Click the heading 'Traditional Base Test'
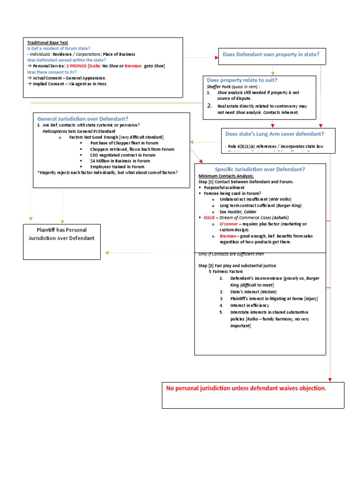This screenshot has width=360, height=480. coord(47,43)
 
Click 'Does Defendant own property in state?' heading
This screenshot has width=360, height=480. coord(271,55)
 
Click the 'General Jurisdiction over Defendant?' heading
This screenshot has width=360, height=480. coord(82,119)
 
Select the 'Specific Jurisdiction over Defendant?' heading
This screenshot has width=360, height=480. coord(260,169)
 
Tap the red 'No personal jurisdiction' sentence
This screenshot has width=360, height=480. coord(246,389)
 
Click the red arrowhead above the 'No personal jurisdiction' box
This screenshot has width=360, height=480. coord(330,379)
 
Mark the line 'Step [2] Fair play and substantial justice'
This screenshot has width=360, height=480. coord(244,265)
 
